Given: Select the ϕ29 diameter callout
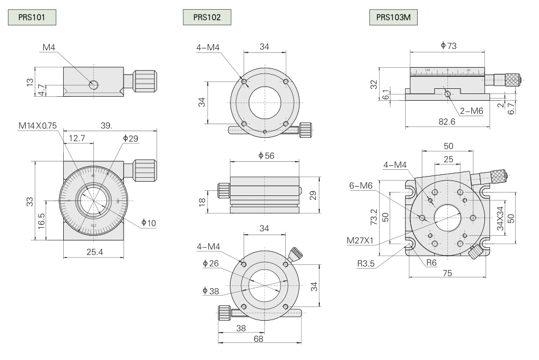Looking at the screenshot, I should coord(130,138).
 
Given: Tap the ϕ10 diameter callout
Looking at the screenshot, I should coord(148,222).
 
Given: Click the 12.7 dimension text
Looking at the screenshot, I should coord(77,138).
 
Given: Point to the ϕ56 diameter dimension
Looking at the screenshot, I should coord(264,156).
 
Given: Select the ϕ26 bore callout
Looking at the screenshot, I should coord(209,264).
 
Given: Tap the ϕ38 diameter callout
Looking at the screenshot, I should coord(209,291).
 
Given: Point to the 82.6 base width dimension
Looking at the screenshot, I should coord(447,121).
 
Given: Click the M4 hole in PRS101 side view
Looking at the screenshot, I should coord(93,85).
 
